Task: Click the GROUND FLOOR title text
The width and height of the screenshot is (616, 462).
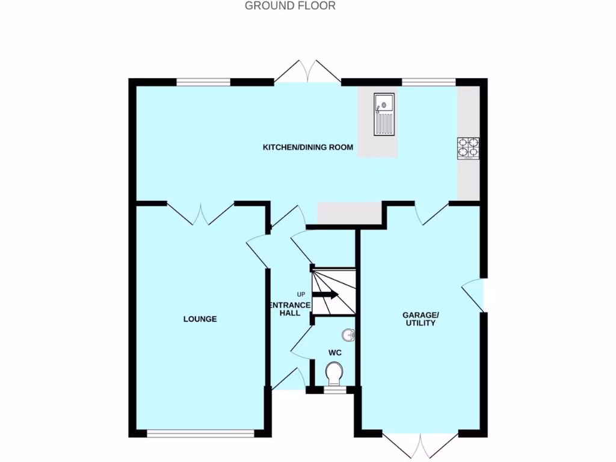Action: click(x=290, y=6)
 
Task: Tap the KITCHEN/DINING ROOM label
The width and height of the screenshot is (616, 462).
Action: click(x=307, y=147)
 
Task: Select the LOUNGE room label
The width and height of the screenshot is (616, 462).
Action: click(x=200, y=319)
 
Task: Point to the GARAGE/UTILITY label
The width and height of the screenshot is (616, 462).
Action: click(x=420, y=319)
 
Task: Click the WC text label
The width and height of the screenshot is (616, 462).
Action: click(x=335, y=352)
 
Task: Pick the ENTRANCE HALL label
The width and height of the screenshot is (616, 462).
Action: click(x=289, y=309)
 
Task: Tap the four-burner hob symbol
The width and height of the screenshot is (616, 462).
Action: click(x=469, y=148)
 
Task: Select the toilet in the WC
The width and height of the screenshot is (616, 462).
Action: click(x=334, y=374)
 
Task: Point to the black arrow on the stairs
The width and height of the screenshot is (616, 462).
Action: click(x=327, y=294)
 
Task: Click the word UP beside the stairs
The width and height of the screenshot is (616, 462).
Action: click(x=301, y=294)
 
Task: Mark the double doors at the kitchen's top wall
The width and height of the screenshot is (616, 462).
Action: click(x=307, y=72)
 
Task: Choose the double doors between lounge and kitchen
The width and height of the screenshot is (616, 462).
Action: click(x=200, y=214)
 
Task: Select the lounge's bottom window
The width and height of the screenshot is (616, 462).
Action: click(x=200, y=432)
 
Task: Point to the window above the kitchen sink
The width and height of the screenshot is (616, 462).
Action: click(x=428, y=82)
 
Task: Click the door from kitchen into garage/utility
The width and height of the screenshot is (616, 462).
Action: click(x=432, y=214)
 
